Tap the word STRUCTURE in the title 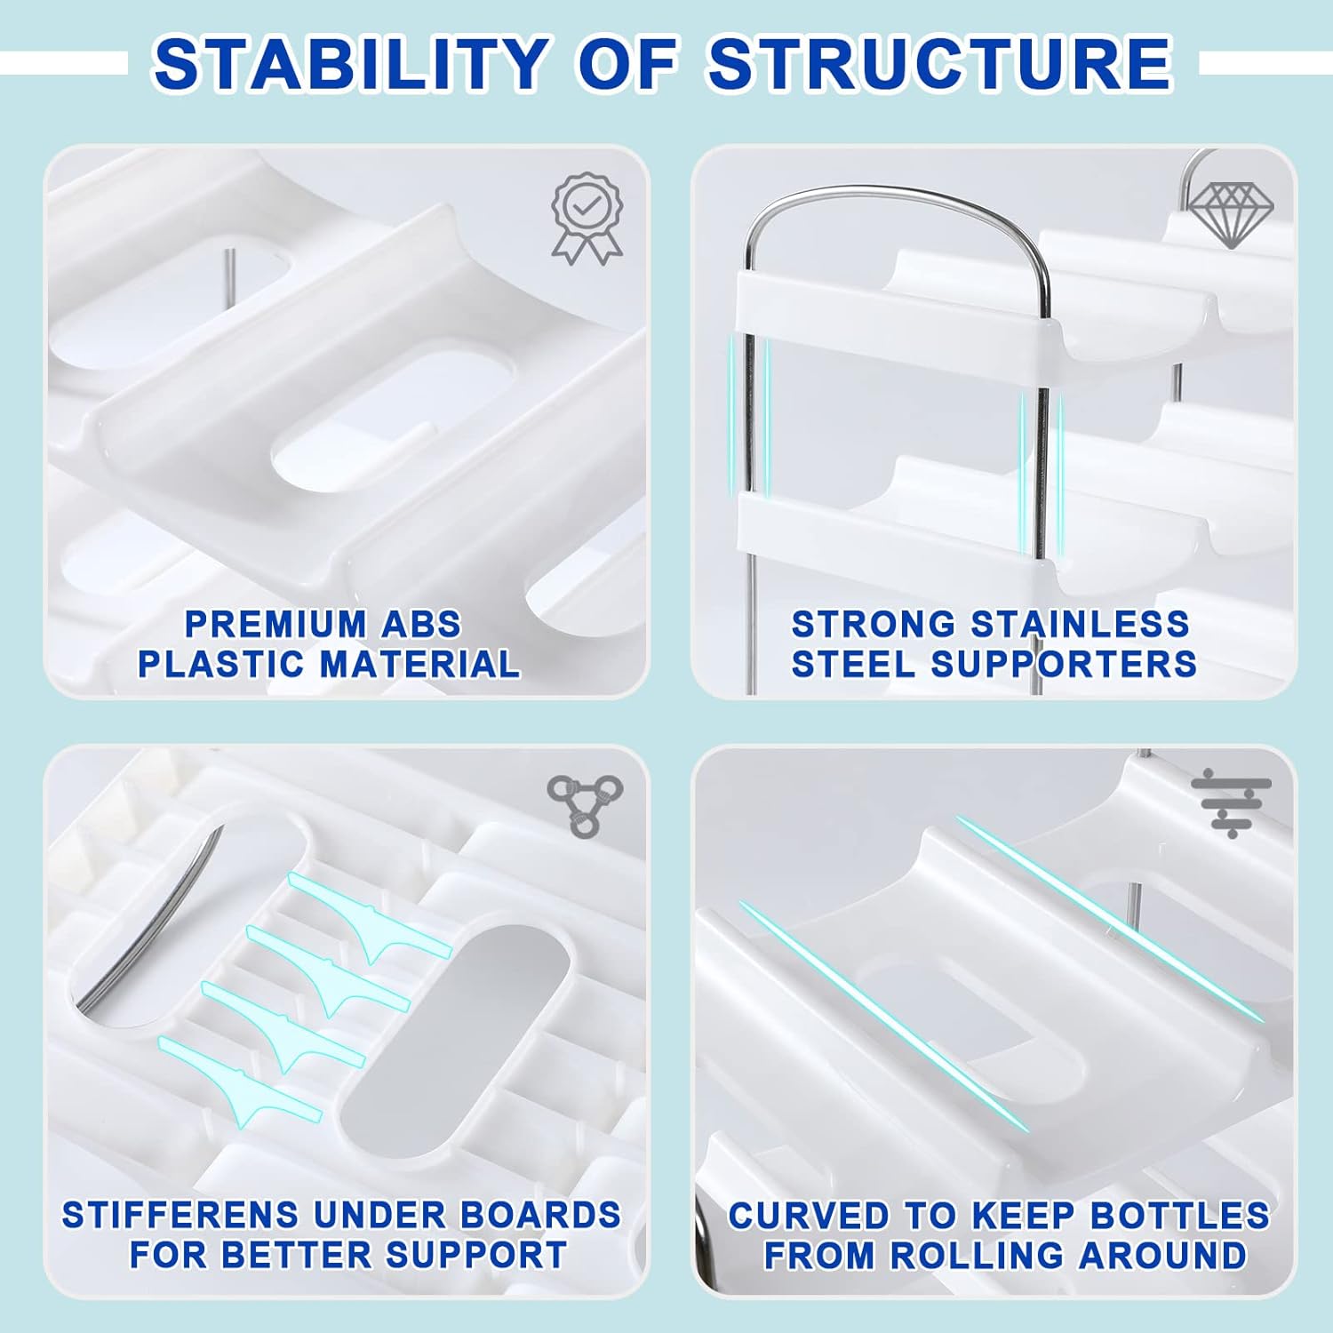939,64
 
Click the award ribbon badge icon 587,219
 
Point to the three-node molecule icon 585,805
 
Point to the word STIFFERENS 181,1215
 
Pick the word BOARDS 546,1215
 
